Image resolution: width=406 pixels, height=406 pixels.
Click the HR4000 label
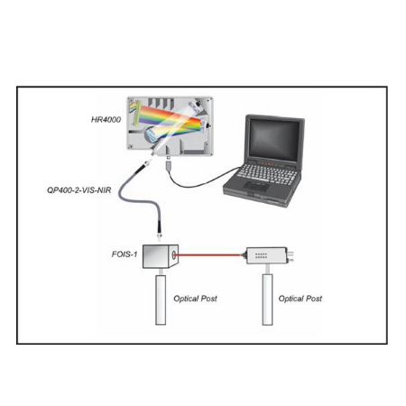tap(106, 120)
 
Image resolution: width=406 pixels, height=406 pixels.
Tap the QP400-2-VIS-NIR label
tap(79, 190)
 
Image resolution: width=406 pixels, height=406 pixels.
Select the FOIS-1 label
tap(125, 254)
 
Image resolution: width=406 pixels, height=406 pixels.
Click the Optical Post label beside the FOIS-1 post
tap(195, 299)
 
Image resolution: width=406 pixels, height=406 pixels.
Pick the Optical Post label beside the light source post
tap(300, 299)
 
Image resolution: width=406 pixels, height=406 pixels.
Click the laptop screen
tap(273, 139)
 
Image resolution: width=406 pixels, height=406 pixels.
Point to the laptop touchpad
tap(256, 186)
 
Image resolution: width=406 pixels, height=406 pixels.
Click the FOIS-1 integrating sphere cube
tap(161, 256)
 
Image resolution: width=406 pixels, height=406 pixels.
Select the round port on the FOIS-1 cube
tap(174, 255)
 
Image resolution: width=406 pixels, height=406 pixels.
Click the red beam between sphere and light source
tap(208, 255)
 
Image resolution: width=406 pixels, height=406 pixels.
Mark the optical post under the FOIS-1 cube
tap(161, 300)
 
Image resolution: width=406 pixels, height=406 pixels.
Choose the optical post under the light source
tap(267, 300)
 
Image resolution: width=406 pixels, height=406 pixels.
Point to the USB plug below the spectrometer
tap(169, 165)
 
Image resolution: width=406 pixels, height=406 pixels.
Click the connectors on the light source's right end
tap(291, 255)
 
